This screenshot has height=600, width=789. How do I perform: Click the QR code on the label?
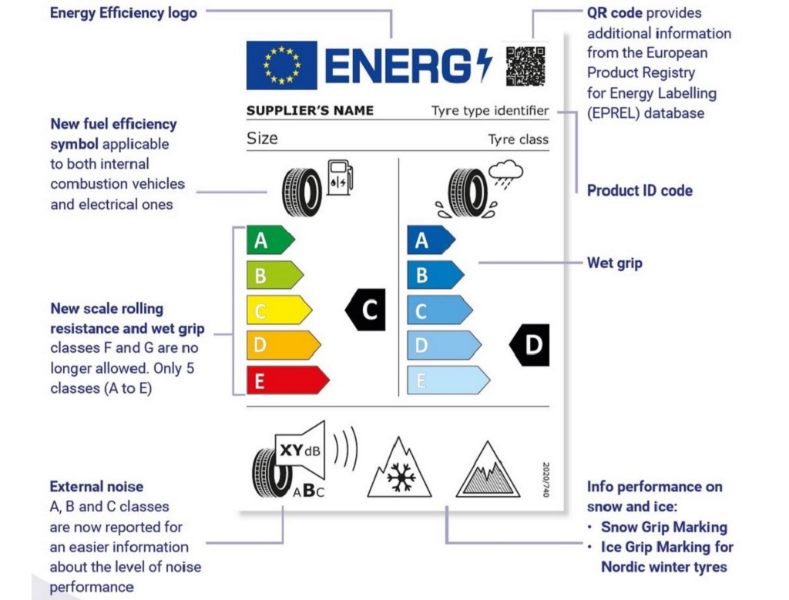(x=525, y=65)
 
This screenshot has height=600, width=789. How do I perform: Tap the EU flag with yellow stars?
(x=281, y=65)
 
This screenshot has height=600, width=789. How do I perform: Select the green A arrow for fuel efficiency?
(x=269, y=240)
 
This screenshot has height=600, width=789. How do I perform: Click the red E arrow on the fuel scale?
(x=286, y=380)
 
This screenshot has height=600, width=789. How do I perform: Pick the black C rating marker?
(x=365, y=310)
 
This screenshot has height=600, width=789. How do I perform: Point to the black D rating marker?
(x=530, y=345)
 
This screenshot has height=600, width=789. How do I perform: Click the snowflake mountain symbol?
(x=400, y=469)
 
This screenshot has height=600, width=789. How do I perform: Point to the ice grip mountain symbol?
(x=488, y=471)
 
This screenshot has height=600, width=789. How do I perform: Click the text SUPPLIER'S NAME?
(x=310, y=111)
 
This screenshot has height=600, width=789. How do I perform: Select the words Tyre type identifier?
(x=490, y=111)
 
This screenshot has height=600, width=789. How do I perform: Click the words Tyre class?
(x=518, y=139)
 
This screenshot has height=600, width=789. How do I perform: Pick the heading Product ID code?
(x=640, y=190)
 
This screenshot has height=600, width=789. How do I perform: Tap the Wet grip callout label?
(x=614, y=263)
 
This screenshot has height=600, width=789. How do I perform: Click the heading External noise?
(x=96, y=486)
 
